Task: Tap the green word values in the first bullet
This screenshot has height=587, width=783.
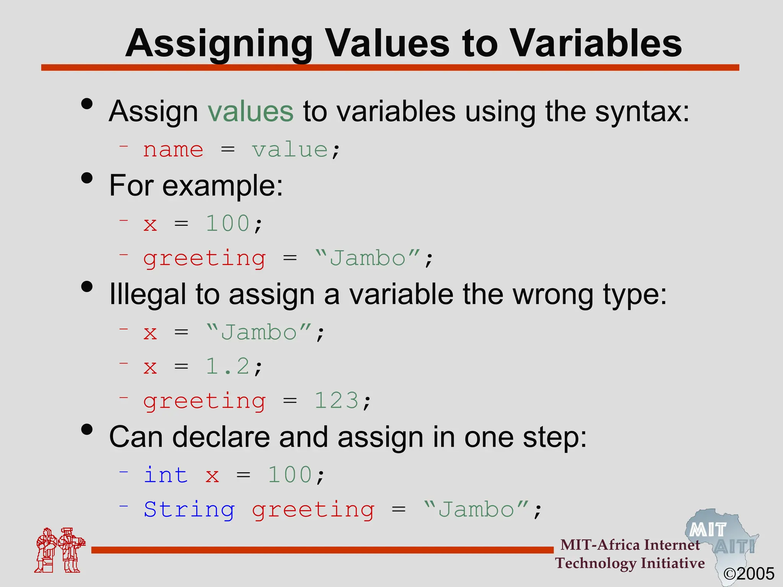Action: pos(250,111)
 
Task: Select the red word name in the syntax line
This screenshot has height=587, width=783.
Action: pos(173,149)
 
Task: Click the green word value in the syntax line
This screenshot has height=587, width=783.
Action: pos(290,149)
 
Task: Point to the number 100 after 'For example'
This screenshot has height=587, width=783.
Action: pos(228,224)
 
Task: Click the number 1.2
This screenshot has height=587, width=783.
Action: pos(228,366)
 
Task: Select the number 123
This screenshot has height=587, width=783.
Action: pos(336,401)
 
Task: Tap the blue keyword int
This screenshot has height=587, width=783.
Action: pos(166,475)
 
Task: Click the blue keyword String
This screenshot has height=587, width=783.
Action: pos(189,509)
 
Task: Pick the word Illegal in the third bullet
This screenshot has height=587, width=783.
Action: pos(147,294)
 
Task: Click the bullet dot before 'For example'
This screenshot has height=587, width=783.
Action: pos(87,178)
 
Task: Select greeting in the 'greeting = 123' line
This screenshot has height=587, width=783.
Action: pos(205,402)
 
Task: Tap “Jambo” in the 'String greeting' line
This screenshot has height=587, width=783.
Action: pos(476,509)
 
